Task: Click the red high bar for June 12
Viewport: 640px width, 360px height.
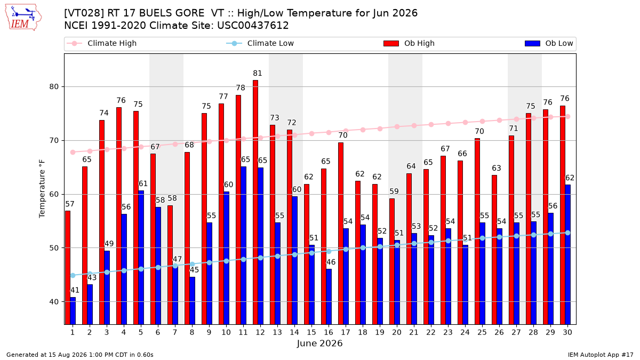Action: click(255, 202)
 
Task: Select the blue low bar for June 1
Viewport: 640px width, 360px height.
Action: click(73, 311)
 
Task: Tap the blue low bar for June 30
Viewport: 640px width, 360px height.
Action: click(567, 254)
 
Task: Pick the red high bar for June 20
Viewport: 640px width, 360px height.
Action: click(392, 261)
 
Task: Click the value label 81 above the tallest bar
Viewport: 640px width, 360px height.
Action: click(258, 74)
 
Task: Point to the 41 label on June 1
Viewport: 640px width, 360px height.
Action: click(75, 290)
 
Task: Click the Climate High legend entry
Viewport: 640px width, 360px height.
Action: click(102, 43)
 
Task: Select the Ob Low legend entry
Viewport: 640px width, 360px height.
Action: click(549, 43)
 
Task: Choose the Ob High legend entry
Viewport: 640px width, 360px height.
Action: click(409, 43)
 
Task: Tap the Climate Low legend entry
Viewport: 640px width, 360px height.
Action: click(260, 43)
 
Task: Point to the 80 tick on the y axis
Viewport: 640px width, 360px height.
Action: click(54, 87)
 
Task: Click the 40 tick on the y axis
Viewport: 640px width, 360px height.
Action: click(54, 302)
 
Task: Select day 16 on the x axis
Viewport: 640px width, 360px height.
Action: click(329, 332)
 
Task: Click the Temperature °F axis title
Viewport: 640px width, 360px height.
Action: click(42, 189)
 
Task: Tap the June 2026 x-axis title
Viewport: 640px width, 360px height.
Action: click(319, 343)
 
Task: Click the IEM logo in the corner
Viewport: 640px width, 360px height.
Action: click(23, 18)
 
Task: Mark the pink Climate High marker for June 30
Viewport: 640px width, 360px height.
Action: click(567, 117)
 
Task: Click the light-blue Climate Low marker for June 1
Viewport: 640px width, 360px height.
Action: click(73, 275)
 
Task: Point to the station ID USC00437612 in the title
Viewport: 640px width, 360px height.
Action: click(253, 26)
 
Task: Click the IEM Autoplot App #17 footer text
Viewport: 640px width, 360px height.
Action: click(601, 355)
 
